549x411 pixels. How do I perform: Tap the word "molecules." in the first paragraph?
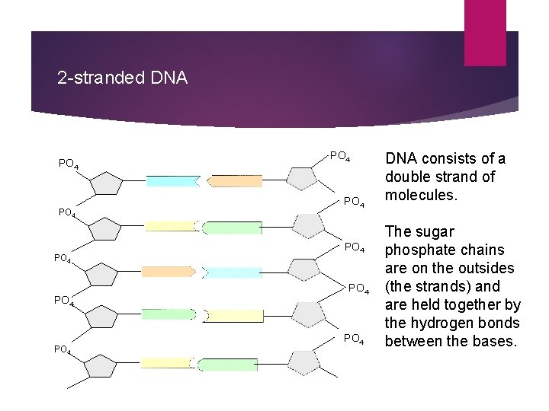click(x=418, y=195)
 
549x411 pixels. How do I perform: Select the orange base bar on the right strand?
click(x=235, y=181)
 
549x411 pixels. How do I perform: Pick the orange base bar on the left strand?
click(x=168, y=272)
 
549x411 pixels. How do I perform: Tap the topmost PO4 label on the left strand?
click(x=68, y=164)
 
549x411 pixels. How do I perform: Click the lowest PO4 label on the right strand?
click(x=355, y=339)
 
